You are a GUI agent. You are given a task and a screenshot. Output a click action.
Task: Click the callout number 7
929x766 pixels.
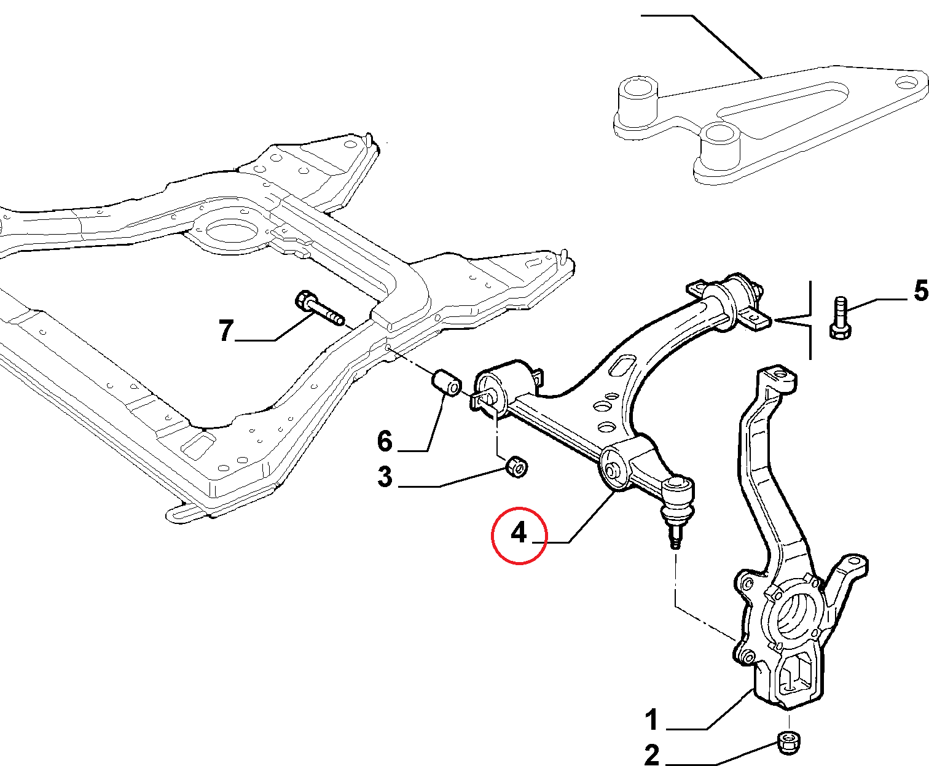[x=227, y=330]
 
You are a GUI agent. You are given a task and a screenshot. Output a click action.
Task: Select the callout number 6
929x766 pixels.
[x=385, y=440]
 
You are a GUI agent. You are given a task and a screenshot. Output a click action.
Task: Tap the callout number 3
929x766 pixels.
[x=385, y=476]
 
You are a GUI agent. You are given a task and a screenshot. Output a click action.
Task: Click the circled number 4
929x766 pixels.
[x=519, y=533]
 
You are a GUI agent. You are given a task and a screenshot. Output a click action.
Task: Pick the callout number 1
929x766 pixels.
[x=652, y=719]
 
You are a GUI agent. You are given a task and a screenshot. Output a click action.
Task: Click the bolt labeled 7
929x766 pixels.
[x=320, y=310]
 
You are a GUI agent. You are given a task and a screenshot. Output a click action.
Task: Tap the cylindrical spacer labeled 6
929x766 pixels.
[x=447, y=383]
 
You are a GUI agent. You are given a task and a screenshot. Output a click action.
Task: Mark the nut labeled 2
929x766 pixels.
[x=788, y=741]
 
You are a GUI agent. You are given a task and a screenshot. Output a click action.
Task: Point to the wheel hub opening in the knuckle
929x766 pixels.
[x=790, y=616]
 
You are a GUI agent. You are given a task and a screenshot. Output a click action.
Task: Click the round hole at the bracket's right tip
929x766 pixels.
[x=906, y=82]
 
